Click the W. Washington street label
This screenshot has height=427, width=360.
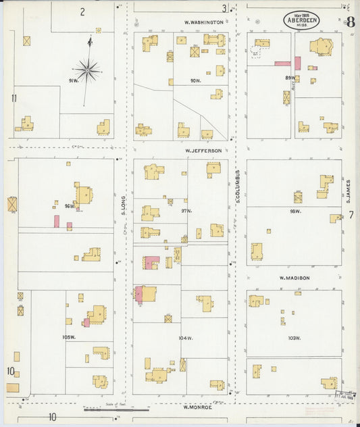click(x=204, y=22)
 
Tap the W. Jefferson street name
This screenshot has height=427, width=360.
click(x=203, y=151)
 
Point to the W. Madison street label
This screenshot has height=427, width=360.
click(x=294, y=278)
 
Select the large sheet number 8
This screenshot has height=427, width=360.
click(x=351, y=22)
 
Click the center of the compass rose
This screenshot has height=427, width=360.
click(x=87, y=69)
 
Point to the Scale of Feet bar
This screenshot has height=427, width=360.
click(x=115, y=409)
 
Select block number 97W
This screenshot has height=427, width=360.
click(x=186, y=211)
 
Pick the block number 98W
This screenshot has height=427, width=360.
click(x=294, y=211)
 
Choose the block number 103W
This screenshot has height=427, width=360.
click(x=294, y=338)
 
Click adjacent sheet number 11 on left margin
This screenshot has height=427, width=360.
click(x=14, y=98)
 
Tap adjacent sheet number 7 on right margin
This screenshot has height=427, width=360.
click(x=351, y=215)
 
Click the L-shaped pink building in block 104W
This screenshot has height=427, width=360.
click(x=150, y=263)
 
